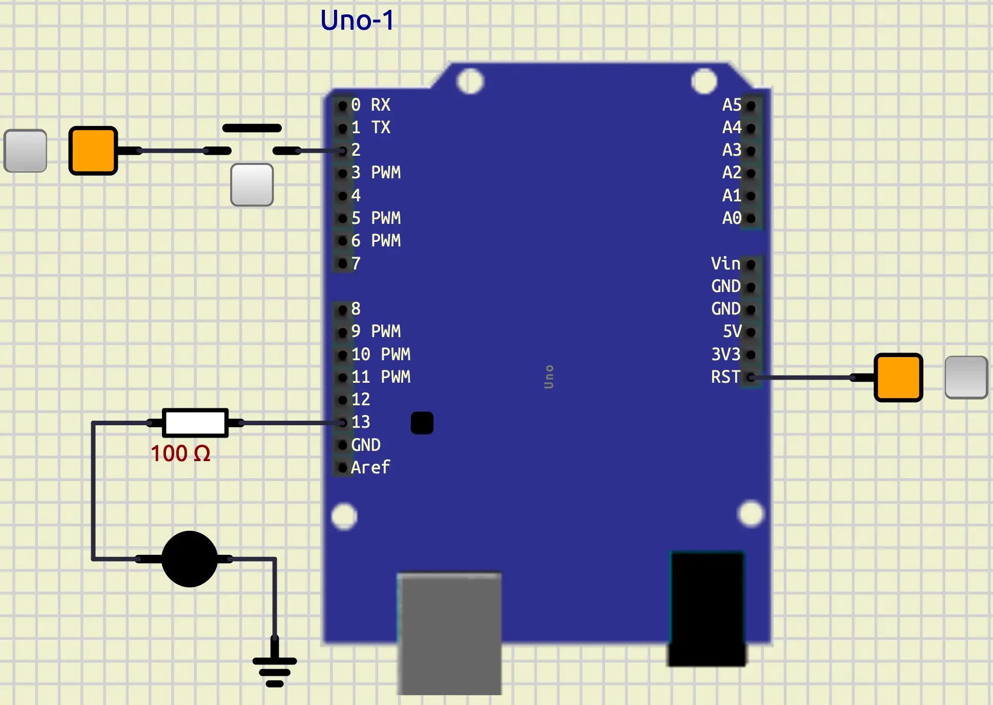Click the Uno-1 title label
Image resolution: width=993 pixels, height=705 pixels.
pos(357,20)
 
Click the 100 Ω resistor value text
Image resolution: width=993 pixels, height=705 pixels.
pos(180,453)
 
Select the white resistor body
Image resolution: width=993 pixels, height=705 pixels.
pos(195,423)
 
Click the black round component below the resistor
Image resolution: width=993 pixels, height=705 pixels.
pos(190,559)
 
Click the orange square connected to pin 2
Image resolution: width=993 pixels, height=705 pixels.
pos(93,151)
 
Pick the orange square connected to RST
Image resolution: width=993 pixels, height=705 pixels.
pos(898,378)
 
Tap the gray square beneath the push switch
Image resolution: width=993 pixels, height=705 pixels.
pos(252,185)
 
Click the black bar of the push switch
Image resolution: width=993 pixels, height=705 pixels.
pos(252,128)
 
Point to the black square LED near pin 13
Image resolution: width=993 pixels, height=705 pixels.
pos(422,423)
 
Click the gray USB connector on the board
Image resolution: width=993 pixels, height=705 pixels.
pos(449,633)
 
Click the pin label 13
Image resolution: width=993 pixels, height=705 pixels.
pos(361,422)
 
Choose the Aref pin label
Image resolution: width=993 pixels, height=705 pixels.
pos(370,467)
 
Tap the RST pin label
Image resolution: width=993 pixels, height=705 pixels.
pos(725,377)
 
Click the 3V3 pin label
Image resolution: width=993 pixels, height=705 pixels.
pos(726,354)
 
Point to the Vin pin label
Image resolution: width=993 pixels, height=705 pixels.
pos(725,263)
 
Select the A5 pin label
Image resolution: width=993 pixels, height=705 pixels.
pos(732,105)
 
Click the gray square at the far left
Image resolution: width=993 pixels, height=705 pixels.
pos(26,151)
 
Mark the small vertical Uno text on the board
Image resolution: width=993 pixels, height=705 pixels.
pos(549,377)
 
